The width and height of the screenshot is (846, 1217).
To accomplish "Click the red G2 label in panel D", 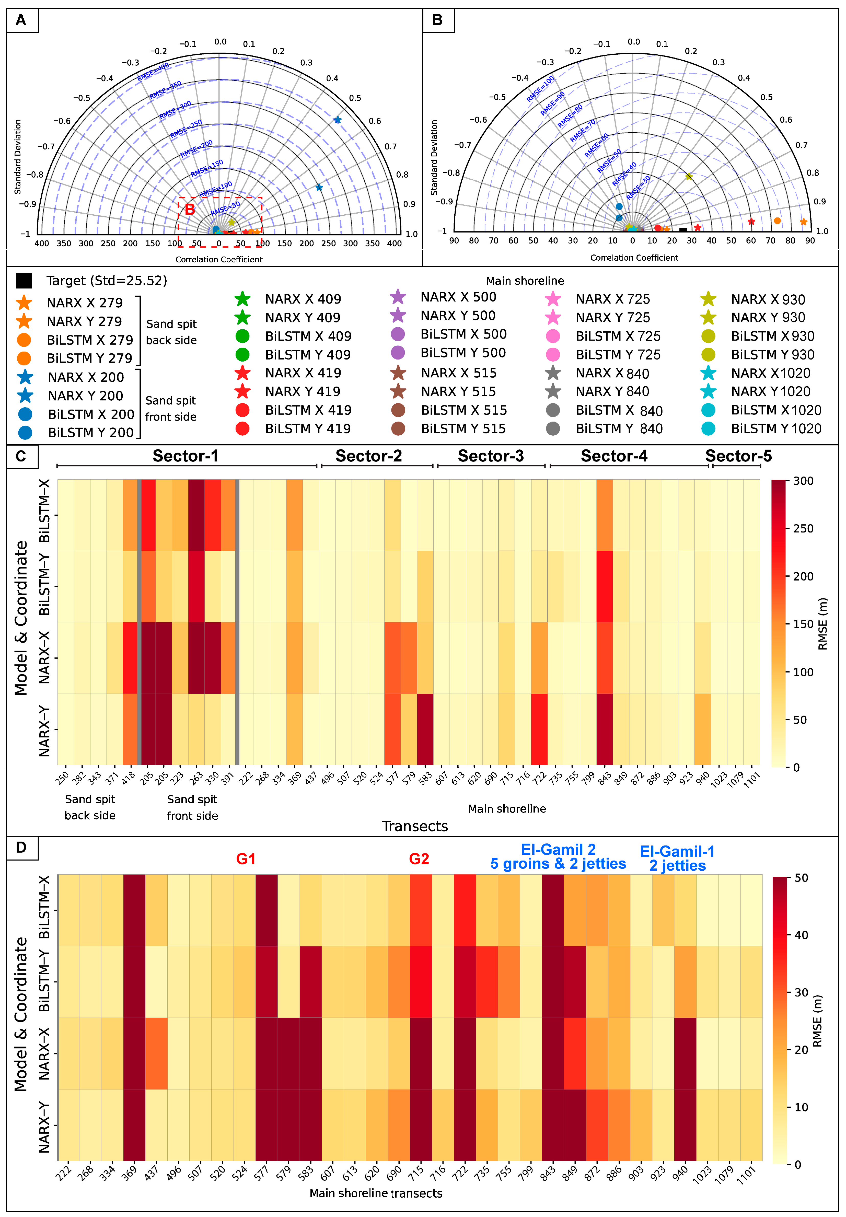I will point(419,859).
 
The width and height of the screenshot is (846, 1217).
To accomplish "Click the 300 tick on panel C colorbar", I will point(803,481).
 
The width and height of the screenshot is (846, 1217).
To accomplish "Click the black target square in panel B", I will point(683,230).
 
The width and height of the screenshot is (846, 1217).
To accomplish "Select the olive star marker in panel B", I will point(689,176).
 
